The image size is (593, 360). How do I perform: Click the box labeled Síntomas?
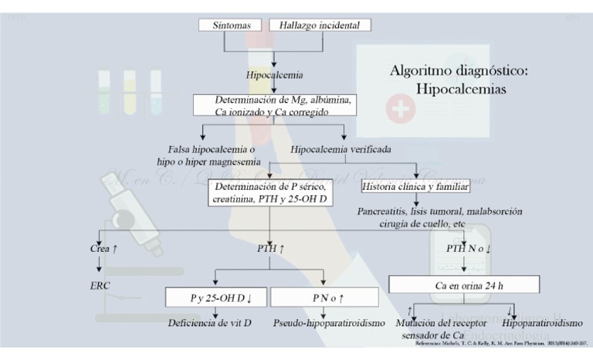[x=230, y=25]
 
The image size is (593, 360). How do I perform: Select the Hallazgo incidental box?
[x=320, y=25]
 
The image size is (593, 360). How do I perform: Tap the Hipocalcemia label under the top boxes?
[x=274, y=75]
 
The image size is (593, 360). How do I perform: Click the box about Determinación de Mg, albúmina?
[x=274, y=105]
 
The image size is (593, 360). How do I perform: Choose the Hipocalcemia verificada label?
[x=341, y=148]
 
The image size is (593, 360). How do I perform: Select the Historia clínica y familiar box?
[x=415, y=187]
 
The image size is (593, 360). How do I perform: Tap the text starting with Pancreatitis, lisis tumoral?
[x=439, y=217]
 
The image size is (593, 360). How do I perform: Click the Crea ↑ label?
[x=103, y=249]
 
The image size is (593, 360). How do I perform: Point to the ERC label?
[x=101, y=286]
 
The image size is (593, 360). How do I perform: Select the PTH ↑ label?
[x=270, y=249]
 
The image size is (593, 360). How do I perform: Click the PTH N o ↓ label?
[x=469, y=249]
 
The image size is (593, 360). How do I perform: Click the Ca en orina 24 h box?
[x=463, y=285]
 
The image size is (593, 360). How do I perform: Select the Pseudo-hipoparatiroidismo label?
[x=329, y=322]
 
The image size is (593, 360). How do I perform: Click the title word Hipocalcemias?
[x=461, y=90]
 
